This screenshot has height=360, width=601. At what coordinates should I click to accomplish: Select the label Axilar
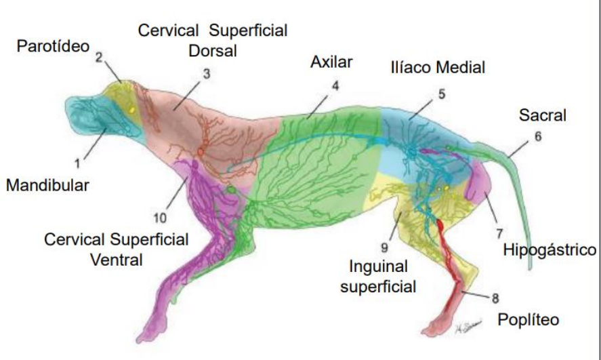pyautogui.click(x=332, y=63)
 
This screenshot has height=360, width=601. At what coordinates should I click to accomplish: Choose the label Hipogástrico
pyautogui.click(x=549, y=250)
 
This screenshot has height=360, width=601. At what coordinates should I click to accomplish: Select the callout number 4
pyautogui.click(x=334, y=85)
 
